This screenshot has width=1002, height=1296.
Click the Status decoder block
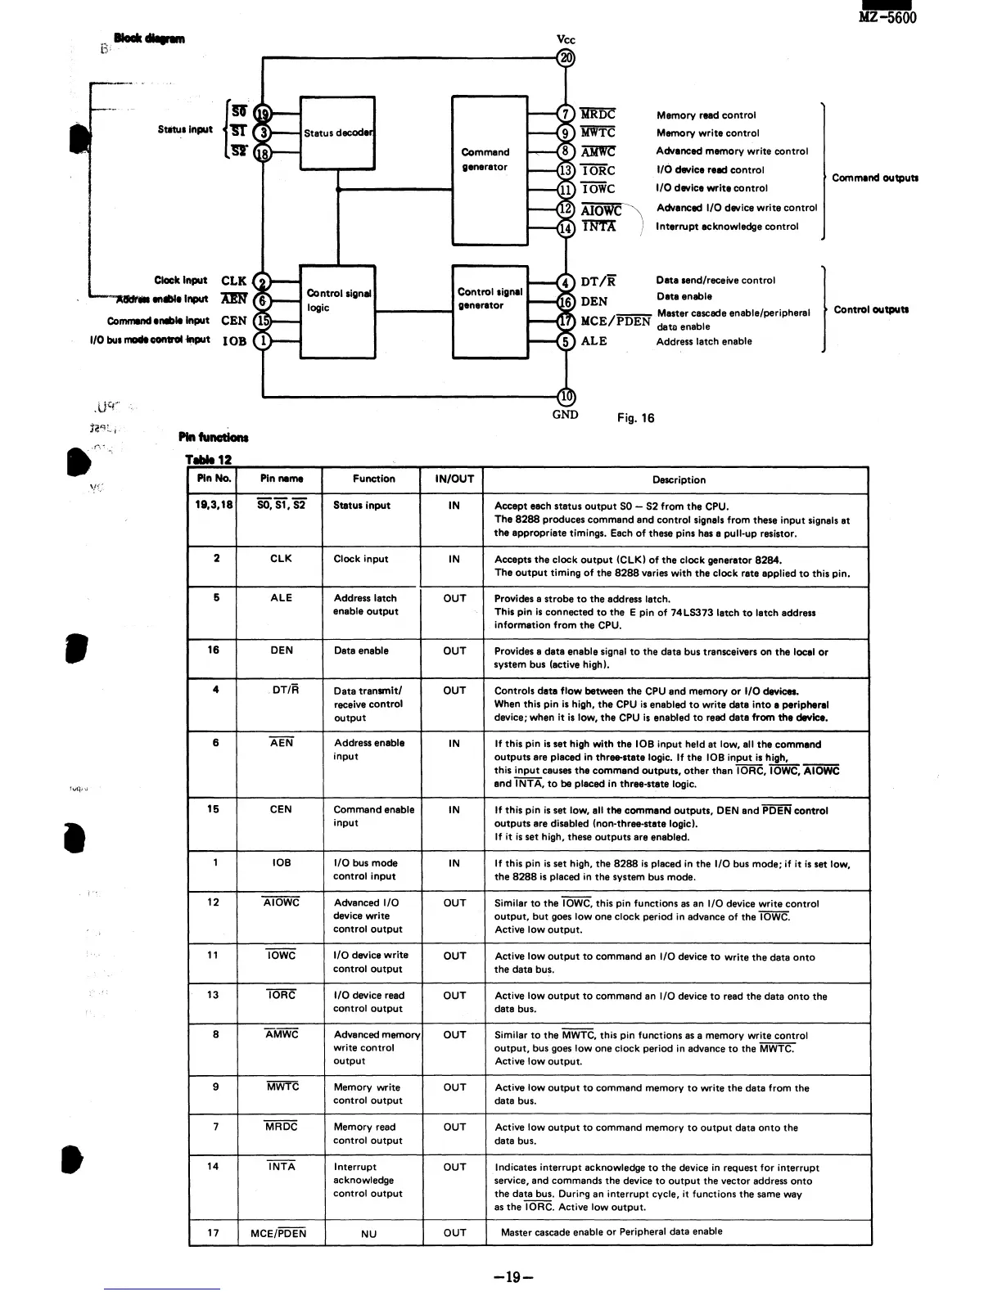(x=337, y=133)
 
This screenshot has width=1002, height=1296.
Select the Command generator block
(x=490, y=169)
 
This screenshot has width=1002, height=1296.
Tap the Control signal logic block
(x=337, y=311)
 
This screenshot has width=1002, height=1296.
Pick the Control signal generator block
(x=490, y=310)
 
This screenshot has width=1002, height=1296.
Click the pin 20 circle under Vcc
(x=566, y=57)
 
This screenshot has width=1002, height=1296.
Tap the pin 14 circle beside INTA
(x=566, y=227)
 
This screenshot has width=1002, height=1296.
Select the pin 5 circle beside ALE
(x=566, y=341)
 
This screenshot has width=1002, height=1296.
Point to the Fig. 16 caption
(x=636, y=418)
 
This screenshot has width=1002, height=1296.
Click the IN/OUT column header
(x=454, y=479)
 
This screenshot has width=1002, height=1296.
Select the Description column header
(x=679, y=479)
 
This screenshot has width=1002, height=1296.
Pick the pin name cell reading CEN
(x=280, y=809)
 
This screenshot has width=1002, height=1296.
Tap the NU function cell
(x=369, y=1234)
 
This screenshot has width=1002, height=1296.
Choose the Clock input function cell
(x=361, y=559)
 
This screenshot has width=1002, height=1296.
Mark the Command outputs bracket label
(x=875, y=178)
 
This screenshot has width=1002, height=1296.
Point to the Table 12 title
(x=208, y=460)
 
